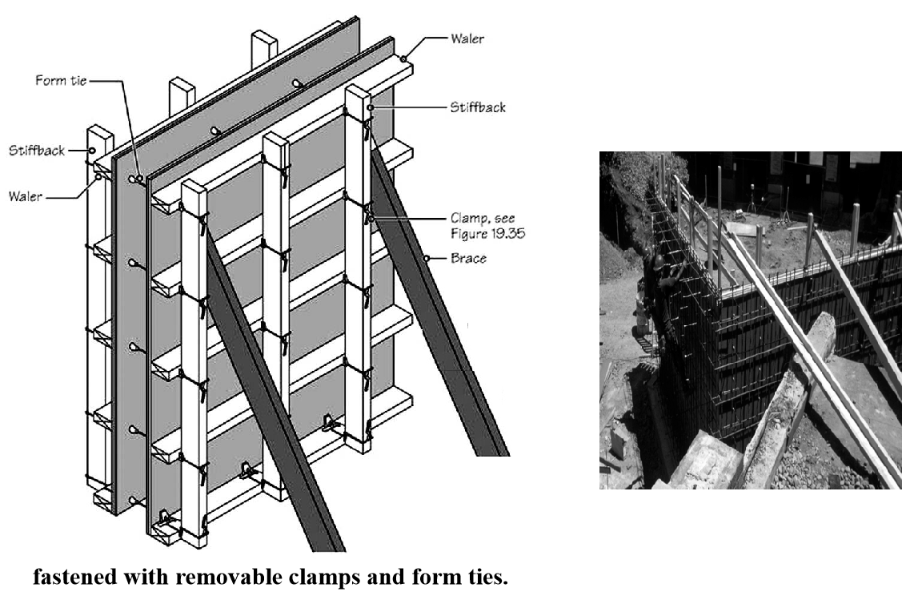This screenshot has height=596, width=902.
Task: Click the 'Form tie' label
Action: pyautogui.click(x=61, y=81)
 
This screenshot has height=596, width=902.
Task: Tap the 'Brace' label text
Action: pyautogui.click(x=468, y=258)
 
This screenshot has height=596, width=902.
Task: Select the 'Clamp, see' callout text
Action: pyautogui.click(x=483, y=218)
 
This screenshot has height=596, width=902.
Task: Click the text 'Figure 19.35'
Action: pyautogui.click(x=488, y=234)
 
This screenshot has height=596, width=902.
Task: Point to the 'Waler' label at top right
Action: pyautogui.click(x=467, y=38)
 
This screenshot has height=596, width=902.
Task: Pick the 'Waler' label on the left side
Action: pyautogui.click(x=26, y=196)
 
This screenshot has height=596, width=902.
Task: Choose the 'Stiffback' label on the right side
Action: pyautogui.click(x=478, y=107)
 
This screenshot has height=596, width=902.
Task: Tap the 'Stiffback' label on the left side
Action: pyautogui.click(x=37, y=151)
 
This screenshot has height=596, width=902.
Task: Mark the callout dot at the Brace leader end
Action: pyautogui.click(x=427, y=259)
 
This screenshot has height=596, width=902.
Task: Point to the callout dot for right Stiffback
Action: pyautogui.click(x=371, y=107)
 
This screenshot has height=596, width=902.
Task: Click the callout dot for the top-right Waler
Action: pyautogui.click(x=404, y=58)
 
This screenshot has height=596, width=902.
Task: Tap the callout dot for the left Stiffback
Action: pyautogui.click(x=91, y=151)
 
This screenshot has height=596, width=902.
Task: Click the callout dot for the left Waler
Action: pyautogui.click(x=98, y=177)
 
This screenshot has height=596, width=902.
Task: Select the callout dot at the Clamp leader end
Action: pyautogui.click(x=371, y=219)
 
